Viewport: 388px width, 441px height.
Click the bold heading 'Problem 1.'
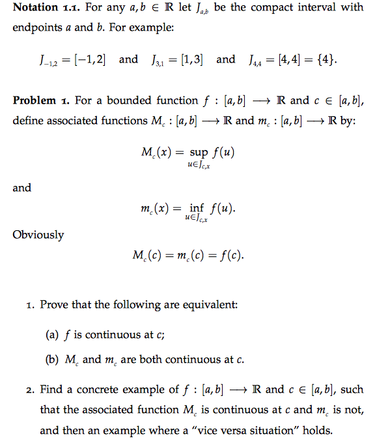coord(41,100)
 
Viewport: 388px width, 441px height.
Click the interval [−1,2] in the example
coord(91,60)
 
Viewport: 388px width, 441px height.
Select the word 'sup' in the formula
coord(199,152)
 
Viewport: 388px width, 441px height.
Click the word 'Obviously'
coord(38,235)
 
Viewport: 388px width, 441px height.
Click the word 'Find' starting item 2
coord(51,389)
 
